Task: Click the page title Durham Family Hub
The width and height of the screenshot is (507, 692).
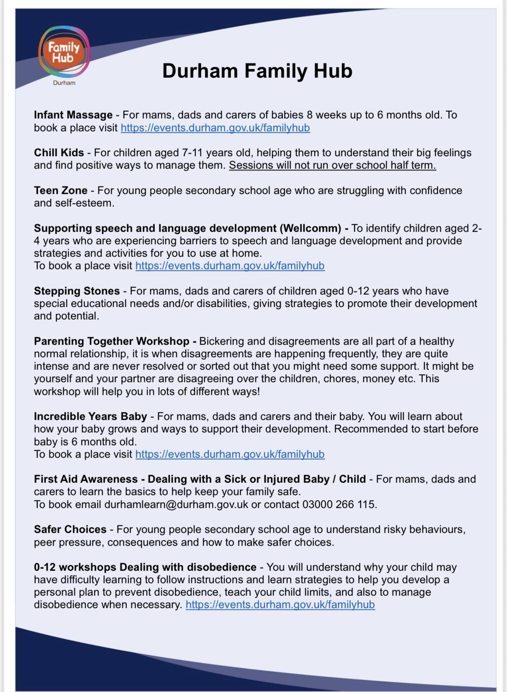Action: click(257, 71)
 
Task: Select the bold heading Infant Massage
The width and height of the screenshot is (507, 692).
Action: click(73, 115)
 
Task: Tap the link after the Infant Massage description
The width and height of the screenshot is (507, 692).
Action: click(215, 128)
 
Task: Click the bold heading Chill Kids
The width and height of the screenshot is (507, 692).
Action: click(59, 153)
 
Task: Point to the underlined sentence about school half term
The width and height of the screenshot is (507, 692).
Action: click(332, 165)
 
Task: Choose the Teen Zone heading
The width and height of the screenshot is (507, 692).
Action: click(61, 191)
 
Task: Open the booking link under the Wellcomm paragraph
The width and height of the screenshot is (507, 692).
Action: click(230, 266)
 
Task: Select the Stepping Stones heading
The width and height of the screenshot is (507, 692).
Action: click(77, 291)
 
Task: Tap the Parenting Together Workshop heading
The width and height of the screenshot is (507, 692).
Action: click(111, 341)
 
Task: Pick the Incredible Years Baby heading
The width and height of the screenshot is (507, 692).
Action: click(90, 417)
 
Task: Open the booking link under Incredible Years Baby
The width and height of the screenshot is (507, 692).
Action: click(230, 454)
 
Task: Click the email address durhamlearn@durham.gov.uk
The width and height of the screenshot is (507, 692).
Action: click(176, 504)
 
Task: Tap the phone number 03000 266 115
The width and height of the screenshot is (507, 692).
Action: click(339, 504)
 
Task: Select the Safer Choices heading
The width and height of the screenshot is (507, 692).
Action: click(70, 530)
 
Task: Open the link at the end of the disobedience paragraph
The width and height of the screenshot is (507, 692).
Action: click(280, 605)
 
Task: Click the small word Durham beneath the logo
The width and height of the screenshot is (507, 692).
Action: click(64, 83)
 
